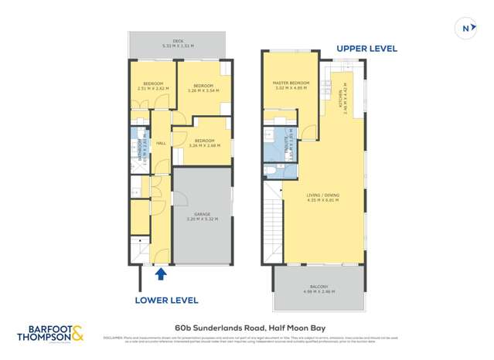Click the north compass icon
[x=466, y=29]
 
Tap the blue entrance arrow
[x=161, y=273]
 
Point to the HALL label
[x=162, y=144]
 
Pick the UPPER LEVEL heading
[x=366, y=49]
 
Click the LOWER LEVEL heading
[x=166, y=300]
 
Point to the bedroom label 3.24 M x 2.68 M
[x=203, y=143]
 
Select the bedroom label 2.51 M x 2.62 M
[x=153, y=86]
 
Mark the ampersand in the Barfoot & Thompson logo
[x=80, y=333]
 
